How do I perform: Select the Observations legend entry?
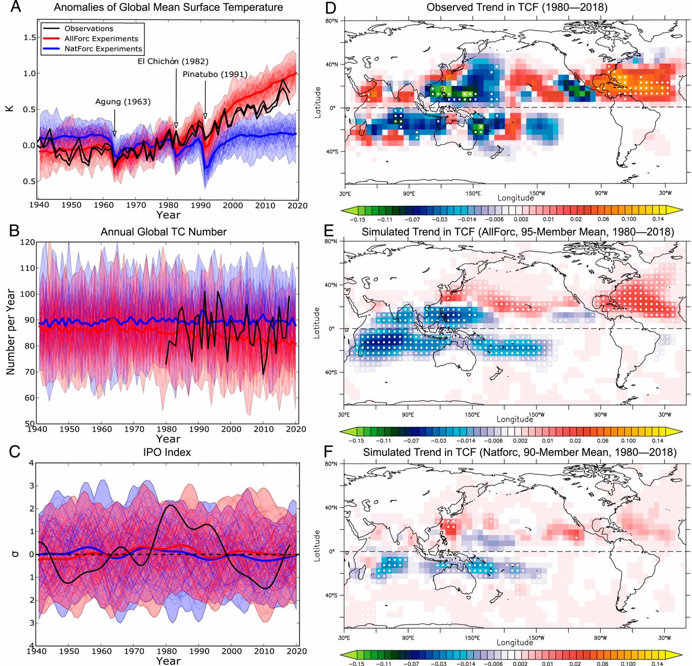[89, 29]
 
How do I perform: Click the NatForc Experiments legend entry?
[103, 49]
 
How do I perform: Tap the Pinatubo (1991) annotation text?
[215, 74]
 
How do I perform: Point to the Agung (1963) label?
[123, 102]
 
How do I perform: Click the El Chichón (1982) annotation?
[173, 62]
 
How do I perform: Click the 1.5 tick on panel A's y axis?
[30, 37]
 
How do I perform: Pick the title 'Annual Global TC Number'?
[163, 232]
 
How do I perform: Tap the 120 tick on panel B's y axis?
[28, 242]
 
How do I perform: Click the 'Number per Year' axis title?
[10, 332]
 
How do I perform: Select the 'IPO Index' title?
[167, 452]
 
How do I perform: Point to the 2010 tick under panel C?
[264, 651]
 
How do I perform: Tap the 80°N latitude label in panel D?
[332, 21]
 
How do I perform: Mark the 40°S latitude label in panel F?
[332, 595]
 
